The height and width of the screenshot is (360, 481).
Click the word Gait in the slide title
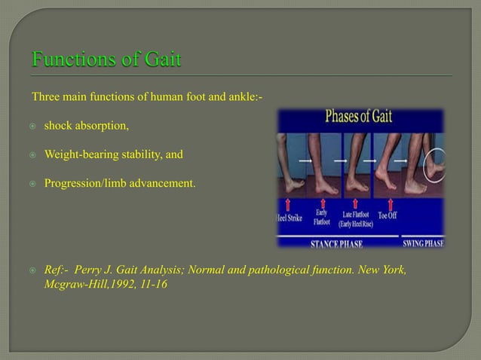(x=159, y=59)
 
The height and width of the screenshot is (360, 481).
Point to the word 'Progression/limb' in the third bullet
(x=85, y=182)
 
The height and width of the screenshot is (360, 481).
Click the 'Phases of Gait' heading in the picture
(x=358, y=118)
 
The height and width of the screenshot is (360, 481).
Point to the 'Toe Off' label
(x=388, y=215)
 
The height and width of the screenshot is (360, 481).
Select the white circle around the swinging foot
(x=437, y=161)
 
